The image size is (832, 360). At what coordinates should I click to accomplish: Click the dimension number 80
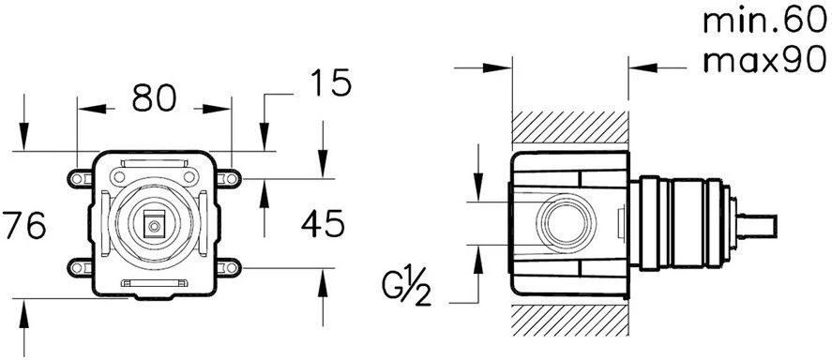[x=153, y=97]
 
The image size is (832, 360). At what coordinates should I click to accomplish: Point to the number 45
[x=322, y=224]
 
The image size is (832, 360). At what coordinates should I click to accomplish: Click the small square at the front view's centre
[x=153, y=224]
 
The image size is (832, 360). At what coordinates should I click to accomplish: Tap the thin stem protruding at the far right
[x=759, y=225]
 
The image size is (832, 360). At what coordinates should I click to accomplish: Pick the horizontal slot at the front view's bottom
[x=153, y=283]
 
